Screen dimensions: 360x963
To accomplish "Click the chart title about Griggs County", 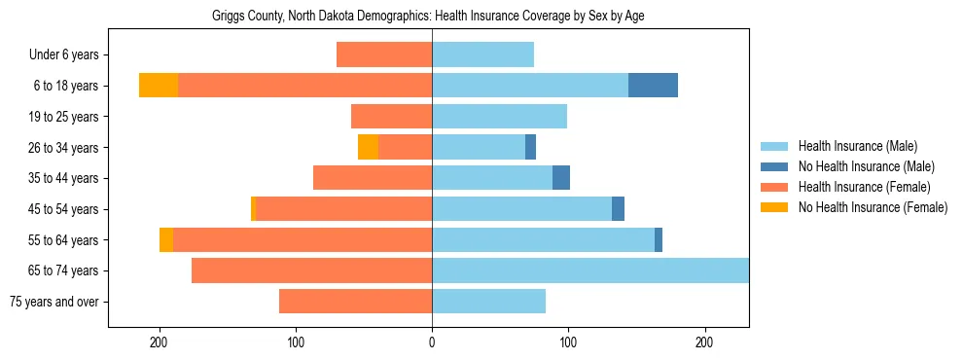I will [428, 17].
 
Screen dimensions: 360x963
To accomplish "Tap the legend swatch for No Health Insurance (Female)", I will [776, 207].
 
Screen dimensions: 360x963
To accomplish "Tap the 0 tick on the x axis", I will [432, 342].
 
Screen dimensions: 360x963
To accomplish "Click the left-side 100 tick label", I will [296, 342].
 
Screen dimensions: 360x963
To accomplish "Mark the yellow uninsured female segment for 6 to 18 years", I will [159, 86].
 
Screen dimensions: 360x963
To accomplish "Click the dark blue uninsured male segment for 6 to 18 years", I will [653, 86].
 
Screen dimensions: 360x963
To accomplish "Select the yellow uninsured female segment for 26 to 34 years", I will [368, 147].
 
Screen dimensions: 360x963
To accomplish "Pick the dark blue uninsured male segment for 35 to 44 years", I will [561, 178].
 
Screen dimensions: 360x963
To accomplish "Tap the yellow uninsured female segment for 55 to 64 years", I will [166, 239].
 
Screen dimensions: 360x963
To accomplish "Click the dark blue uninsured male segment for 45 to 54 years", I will [618, 209].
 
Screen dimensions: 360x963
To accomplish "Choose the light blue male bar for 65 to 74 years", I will [590, 270].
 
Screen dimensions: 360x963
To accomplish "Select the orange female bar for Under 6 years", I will [384, 54].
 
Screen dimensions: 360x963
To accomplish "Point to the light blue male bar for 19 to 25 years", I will [499, 117].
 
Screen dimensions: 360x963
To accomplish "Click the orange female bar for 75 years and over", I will [355, 302].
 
